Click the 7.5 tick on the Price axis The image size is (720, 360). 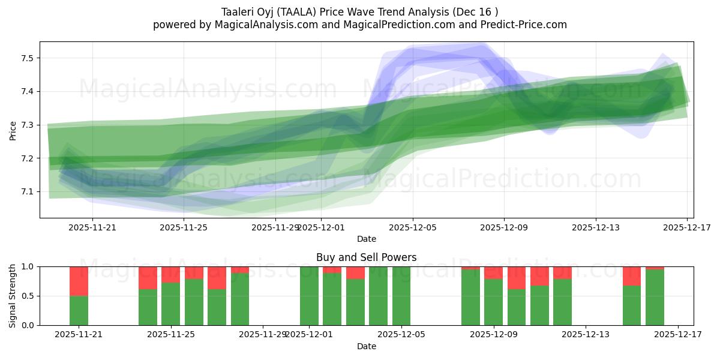click(x=26, y=58)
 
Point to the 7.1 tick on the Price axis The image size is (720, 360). click(x=26, y=191)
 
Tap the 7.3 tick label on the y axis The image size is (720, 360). click(x=26, y=125)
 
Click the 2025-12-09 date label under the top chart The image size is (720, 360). click(x=504, y=227)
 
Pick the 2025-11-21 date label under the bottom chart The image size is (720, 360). click(x=79, y=335)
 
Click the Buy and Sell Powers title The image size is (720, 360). click(x=366, y=257)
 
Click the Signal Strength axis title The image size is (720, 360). click(x=13, y=295)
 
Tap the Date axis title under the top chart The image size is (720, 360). click(x=366, y=239)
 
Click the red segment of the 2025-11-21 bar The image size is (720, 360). click(x=79, y=281)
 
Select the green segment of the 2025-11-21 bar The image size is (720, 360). click(x=79, y=310)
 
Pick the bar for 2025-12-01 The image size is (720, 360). click(x=309, y=296)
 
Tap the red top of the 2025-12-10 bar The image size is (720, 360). click(x=517, y=278)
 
